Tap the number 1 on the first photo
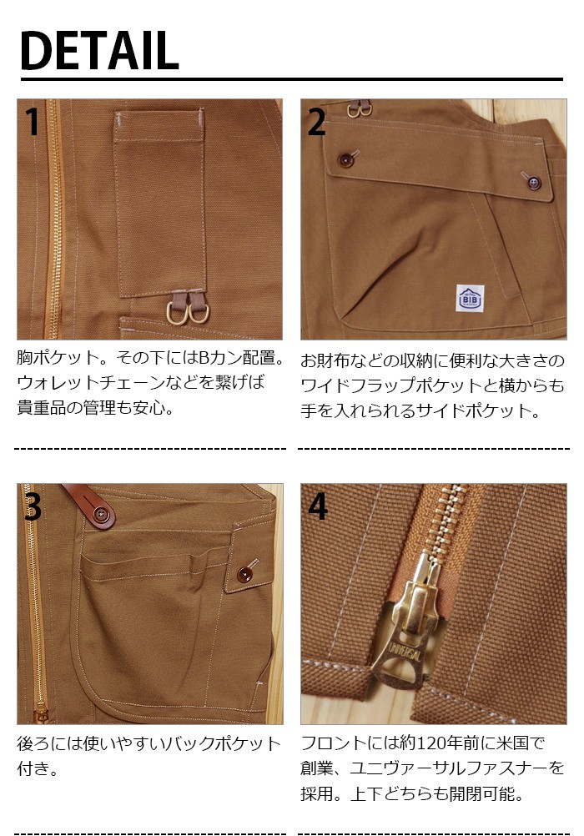[x=33, y=123]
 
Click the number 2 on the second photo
[x=316, y=123]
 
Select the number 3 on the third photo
[x=33, y=506]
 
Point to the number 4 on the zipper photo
[x=318, y=506]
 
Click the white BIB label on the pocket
[x=468, y=296]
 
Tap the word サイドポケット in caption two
[x=486, y=410]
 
